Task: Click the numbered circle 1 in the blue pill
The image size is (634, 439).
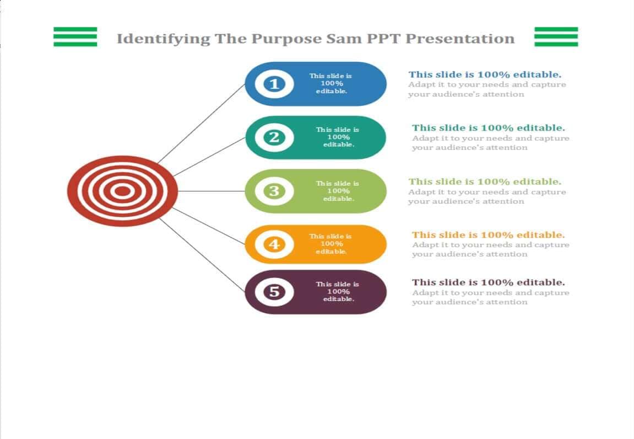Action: click(274, 84)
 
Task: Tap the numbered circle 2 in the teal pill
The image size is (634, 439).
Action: click(274, 137)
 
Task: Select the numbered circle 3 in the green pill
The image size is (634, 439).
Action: click(274, 191)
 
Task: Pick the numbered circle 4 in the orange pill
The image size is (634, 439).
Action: click(274, 244)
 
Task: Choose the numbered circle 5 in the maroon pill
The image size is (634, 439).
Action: click(274, 292)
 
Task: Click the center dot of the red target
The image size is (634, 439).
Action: click(122, 191)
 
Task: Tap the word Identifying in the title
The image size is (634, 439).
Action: click(164, 39)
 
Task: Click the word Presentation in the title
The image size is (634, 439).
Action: click(460, 39)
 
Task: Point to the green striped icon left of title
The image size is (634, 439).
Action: click(75, 37)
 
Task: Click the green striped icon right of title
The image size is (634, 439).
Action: click(556, 37)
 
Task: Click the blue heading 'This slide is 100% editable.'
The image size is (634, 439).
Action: click(485, 74)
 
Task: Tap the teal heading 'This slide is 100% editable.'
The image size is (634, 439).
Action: click(489, 128)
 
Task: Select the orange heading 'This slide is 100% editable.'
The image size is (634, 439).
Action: click(489, 235)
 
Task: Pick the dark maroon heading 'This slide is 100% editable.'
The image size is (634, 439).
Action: click(489, 282)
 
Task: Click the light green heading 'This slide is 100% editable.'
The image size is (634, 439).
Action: click(485, 181)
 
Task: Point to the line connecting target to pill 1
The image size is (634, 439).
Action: click(202, 124)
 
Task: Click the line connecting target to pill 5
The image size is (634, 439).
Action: click(202, 255)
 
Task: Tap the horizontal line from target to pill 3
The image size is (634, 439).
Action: click(212, 191)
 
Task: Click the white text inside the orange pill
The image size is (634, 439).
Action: click(330, 244)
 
